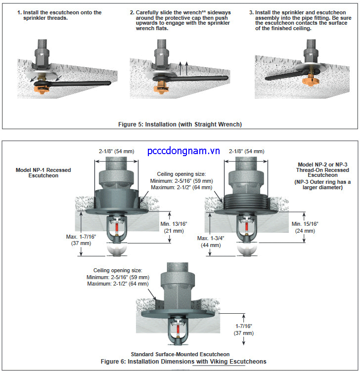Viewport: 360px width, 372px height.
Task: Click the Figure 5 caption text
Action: click(180, 124)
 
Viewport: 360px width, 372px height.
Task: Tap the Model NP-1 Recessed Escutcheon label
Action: click(43, 173)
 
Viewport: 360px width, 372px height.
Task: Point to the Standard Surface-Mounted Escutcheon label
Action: click(180, 354)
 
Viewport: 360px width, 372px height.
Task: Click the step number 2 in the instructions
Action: click(132, 12)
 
